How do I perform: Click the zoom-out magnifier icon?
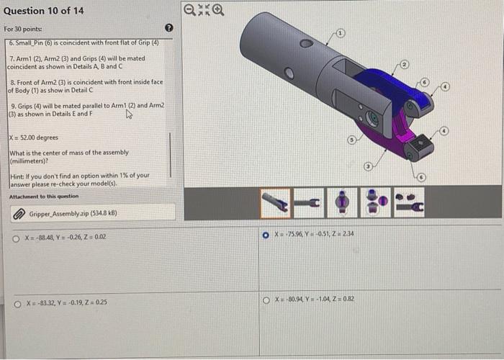click(189, 10)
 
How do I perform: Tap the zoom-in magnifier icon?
click(217, 10)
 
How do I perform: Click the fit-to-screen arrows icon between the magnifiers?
click(203, 10)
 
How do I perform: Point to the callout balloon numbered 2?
click(405, 66)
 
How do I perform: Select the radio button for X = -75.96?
click(266, 234)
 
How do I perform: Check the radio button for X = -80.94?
click(266, 300)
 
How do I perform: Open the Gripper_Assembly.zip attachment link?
click(73, 214)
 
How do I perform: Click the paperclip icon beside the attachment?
click(19, 214)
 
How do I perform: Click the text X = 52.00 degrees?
click(34, 138)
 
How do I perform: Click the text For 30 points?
click(22, 29)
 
